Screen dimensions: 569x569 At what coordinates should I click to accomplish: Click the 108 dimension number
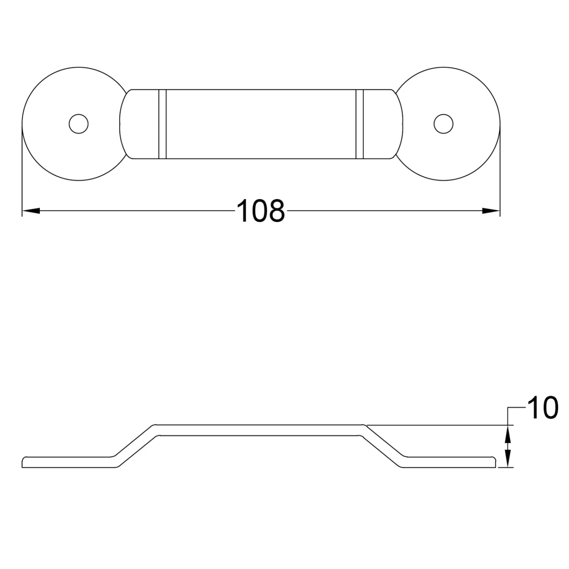(261, 211)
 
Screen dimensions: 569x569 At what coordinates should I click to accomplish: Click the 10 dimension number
(542, 409)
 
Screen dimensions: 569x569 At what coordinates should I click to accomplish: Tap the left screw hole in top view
(79, 124)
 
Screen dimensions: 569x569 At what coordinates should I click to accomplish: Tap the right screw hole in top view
(443, 124)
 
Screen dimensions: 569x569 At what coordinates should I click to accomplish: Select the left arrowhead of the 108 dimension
(31, 211)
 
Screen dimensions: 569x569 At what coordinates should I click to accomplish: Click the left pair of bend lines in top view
(162, 124)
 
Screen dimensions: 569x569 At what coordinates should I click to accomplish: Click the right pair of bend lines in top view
(360, 124)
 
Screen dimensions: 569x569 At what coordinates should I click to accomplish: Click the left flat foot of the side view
(68, 462)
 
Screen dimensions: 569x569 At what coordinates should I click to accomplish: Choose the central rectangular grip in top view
(261, 124)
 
